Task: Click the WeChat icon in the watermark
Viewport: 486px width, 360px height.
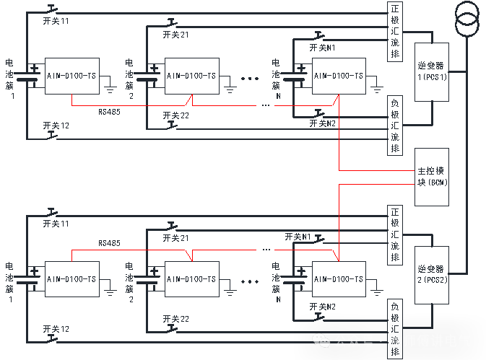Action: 321,340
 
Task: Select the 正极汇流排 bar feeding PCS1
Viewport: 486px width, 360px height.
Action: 394,32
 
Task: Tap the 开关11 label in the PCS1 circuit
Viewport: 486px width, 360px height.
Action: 56,21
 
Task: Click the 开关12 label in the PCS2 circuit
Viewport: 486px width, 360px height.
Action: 56,328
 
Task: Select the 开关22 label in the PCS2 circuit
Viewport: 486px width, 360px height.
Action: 176,318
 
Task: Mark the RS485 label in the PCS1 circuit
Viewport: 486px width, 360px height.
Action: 110,113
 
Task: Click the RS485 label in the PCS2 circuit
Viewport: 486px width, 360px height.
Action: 110,244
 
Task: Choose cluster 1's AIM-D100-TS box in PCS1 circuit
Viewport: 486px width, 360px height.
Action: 71,75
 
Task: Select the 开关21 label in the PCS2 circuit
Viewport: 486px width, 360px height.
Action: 176,238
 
